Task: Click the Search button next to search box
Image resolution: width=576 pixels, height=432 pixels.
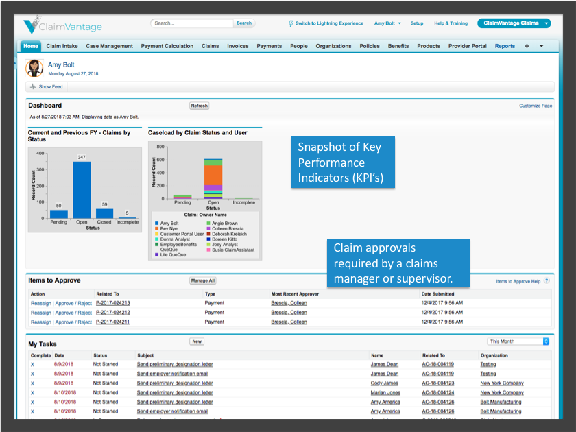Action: coord(244,23)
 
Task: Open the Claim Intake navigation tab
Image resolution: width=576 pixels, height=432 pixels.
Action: coord(62,47)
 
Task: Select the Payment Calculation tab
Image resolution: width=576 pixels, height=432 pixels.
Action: coord(167,47)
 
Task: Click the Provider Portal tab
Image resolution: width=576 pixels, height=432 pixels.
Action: coord(467,47)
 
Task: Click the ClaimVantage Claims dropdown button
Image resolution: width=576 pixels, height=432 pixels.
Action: coord(514,23)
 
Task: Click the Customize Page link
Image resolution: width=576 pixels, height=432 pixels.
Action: coord(535,106)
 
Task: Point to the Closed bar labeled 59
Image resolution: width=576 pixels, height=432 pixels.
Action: coord(104,213)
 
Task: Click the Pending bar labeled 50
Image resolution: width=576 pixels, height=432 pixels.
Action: coord(59,214)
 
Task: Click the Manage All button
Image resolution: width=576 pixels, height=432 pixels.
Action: coord(202,280)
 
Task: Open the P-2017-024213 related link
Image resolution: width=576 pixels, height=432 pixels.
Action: coord(113,303)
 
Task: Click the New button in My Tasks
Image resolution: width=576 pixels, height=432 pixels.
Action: coord(197,341)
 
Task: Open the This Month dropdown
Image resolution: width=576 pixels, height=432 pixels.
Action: coord(518,341)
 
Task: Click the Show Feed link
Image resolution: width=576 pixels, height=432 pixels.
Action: coord(50,87)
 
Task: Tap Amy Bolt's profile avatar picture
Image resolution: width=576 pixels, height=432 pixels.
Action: coord(34,68)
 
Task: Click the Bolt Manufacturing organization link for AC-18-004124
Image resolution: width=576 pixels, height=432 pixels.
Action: coord(501,403)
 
